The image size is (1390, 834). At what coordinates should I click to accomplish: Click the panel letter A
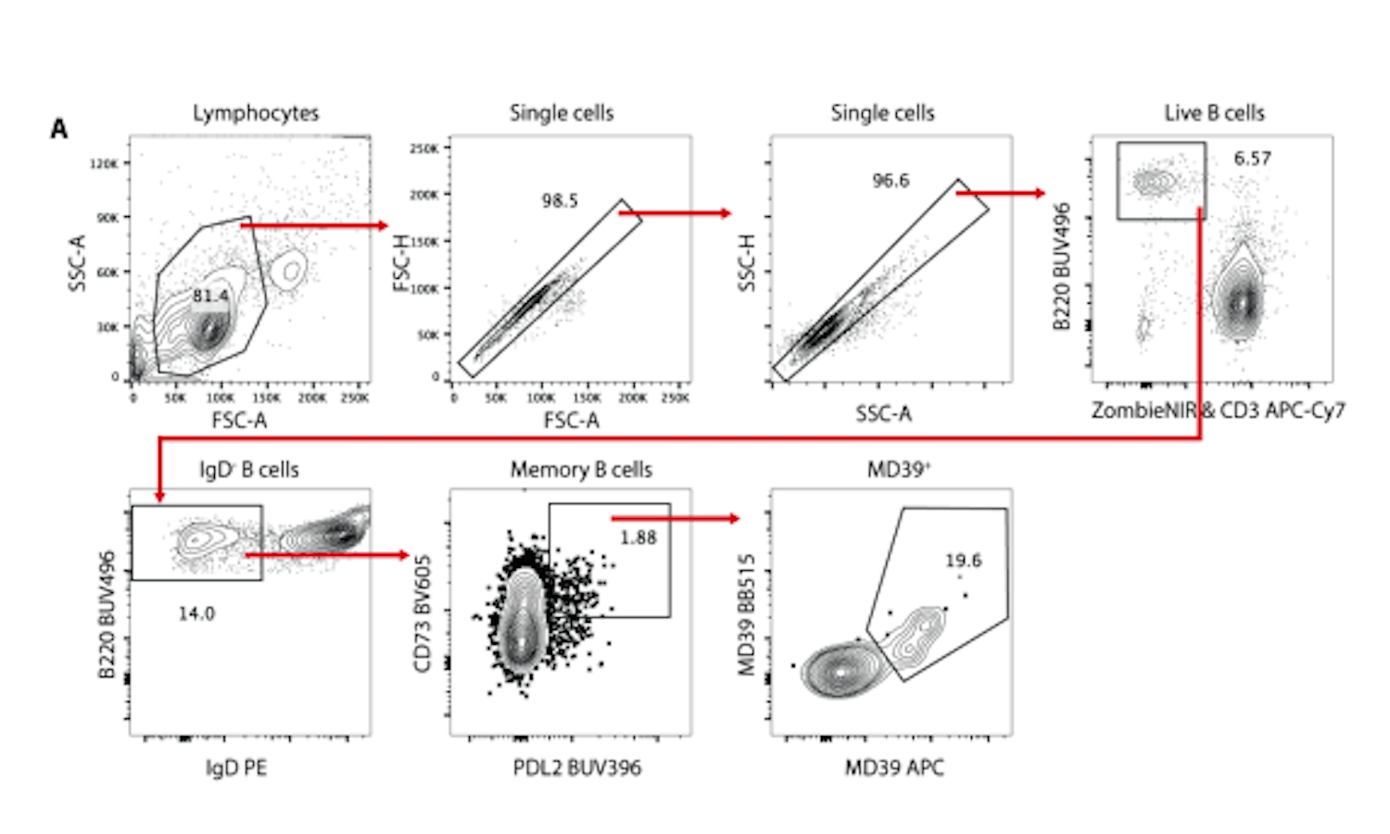click(x=59, y=129)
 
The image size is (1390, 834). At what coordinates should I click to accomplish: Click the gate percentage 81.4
click(x=210, y=296)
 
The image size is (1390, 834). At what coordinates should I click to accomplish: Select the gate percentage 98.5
click(x=560, y=200)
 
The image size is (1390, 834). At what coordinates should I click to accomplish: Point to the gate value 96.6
click(x=891, y=181)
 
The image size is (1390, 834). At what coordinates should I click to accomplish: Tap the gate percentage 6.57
click(x=1252, y=158)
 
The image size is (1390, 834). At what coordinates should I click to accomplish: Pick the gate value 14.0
click(x=196, y=613)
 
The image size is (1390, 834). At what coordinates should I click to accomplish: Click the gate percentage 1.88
click(x=638, y=537)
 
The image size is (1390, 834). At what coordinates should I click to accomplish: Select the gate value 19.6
click(x=963, y=561)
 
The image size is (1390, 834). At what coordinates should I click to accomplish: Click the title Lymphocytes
click(x=256, y=113)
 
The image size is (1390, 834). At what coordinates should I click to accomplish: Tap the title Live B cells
click(x=1214, y=113)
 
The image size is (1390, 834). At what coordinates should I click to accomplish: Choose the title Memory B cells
click(x=581, y=470)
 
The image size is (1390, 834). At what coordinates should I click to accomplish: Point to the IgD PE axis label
click(x=236, y=767)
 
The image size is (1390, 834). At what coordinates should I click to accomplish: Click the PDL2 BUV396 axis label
click(x=576, y=767)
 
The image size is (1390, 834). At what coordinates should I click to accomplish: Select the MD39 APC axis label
click(x=894, y=767)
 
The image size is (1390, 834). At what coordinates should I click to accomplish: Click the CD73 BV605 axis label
click(x=423, y=613)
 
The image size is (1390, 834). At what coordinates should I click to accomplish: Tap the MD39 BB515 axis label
click(x=747, y=615)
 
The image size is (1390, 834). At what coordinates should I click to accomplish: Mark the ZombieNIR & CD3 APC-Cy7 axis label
click(x=1218, y=411)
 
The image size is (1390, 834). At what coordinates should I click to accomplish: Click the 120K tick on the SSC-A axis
click(x=104, y=164)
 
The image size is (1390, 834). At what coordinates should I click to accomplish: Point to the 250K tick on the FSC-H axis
click(x=424, y=148)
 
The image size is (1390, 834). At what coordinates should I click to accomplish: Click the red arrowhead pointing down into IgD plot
click(x=160, y=496)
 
